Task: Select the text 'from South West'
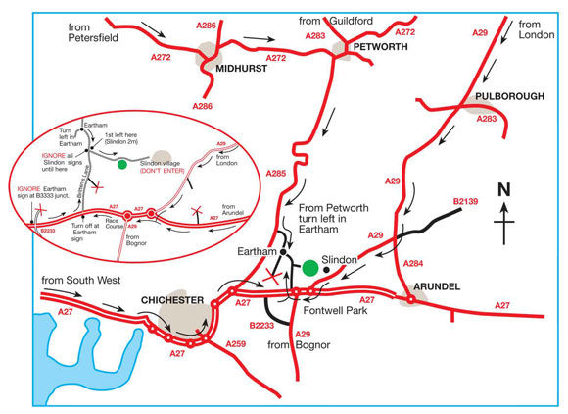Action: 81,281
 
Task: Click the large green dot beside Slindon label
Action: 309,267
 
